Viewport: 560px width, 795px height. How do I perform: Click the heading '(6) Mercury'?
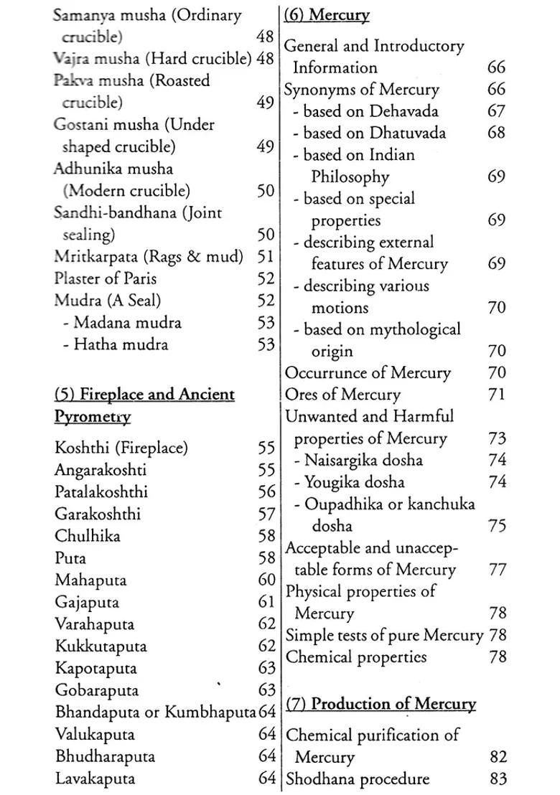[327, 14]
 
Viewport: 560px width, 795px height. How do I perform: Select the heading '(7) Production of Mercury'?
[381, 704]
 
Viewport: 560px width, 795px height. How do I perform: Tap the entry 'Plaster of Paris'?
[105, 278]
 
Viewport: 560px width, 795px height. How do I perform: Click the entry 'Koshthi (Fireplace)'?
[121, 448]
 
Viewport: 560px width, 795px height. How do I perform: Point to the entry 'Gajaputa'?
[87, 602]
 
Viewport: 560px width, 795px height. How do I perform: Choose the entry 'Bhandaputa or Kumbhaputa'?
[155, 712]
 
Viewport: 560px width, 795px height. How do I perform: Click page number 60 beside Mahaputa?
[266, 580]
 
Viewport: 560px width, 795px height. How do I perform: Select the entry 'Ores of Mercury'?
[342, 395]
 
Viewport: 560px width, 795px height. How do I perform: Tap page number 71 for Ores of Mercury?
[496, 395]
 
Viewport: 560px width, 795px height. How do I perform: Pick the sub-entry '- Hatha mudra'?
[115, 344]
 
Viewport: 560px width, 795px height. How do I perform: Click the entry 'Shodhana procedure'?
[358, 778]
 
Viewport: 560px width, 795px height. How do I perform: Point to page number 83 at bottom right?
[496, 778]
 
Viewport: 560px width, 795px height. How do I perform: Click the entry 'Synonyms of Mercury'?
[361, 90]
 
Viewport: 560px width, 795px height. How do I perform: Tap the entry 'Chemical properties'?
[356, 657]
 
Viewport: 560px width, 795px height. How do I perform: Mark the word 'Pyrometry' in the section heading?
[93, 417]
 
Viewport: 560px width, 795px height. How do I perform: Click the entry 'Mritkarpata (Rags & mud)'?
[148, 257]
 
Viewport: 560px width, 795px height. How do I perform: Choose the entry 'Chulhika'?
[87, 536]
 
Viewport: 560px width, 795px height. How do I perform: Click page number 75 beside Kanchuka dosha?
[496, 526]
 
